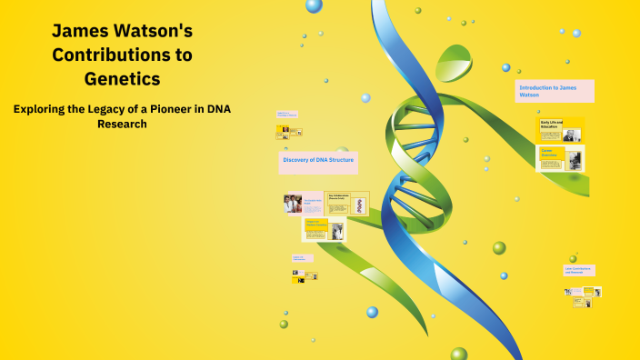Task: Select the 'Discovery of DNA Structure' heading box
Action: click(318, 162)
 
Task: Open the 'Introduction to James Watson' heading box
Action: click(555, 91)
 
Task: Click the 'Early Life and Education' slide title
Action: click(551, 124)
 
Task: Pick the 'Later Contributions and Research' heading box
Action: click(579, 270)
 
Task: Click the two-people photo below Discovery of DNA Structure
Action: click(293, 204)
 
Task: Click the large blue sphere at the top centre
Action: click(314, 5)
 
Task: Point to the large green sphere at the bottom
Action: click(459, 354)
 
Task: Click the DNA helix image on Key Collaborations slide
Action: click(360, 205)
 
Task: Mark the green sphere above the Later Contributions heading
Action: click(573, 258)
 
